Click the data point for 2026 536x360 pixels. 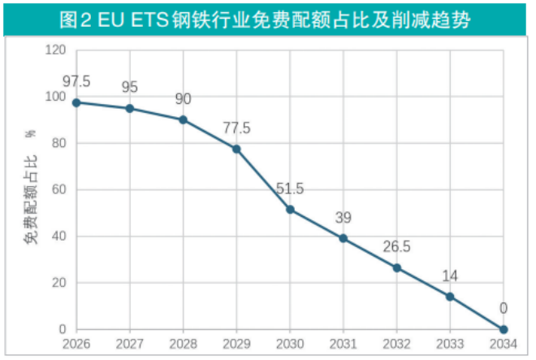(76, 102)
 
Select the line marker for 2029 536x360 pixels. (236, 149)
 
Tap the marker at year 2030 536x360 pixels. (290, 210)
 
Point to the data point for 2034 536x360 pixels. (504, 329)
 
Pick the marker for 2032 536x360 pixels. (397, 267)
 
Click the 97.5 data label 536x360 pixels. (76, 81)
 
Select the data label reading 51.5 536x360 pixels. (290, 189)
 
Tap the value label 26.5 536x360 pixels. (397, 246)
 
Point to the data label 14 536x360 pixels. (450, 275)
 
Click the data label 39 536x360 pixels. (344, 217)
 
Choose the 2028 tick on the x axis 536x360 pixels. (183, 345)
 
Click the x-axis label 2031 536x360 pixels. (344, 345)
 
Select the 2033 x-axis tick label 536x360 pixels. (450, 345)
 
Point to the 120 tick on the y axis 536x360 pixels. (55, 50)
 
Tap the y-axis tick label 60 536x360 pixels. (58, 190)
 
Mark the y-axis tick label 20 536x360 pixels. (58, 283)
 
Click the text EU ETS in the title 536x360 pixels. (126, 17)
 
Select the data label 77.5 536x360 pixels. (236, 128)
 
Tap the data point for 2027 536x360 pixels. (129, 108)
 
